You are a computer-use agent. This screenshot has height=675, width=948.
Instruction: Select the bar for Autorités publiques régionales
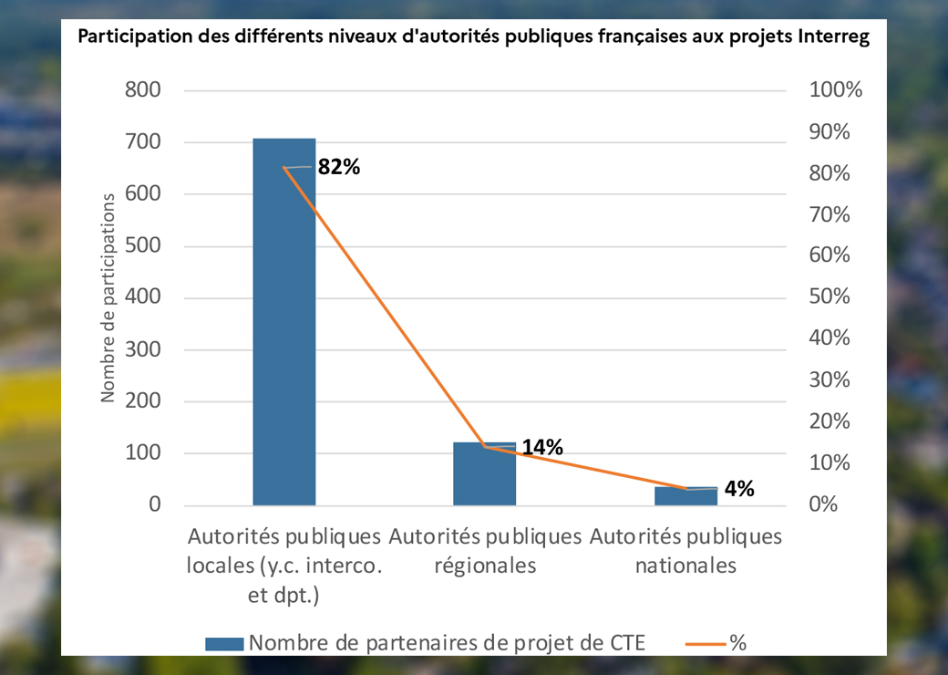click(484, 474)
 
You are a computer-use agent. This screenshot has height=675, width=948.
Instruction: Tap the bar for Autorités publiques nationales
click(685, 496)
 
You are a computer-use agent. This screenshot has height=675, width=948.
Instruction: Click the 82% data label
click(339, 167)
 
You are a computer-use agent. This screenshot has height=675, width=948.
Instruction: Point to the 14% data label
click(542, 447)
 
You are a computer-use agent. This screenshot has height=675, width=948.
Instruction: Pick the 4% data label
click(738, 489)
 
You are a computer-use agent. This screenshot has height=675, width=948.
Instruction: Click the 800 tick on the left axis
click(142, 90)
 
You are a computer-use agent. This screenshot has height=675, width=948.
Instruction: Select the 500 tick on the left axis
click(142, 246)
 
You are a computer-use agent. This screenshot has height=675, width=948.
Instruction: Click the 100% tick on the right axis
click(835, 90)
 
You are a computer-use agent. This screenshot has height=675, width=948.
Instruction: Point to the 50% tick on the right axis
click(830, 297)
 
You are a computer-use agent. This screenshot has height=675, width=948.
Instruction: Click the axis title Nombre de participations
click(108, 297)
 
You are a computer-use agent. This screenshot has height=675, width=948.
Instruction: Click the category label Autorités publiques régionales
click(484, 550)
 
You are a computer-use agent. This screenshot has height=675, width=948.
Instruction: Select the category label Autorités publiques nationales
click(685, 550)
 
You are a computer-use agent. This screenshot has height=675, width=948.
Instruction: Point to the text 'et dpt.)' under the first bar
click(284, 595)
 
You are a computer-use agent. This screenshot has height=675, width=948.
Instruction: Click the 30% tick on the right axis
click(830, 380)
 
